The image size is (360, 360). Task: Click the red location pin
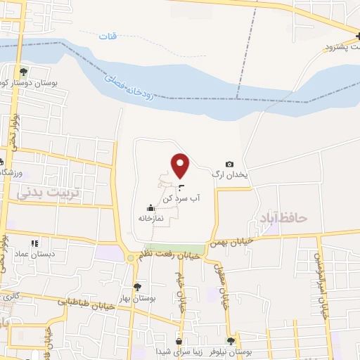click(x=181, y=166)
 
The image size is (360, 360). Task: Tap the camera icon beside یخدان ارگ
click(x=229, y=165)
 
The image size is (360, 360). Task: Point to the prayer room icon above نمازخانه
click(x=149, y=207)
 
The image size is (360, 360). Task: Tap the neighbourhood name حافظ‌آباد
click(x=283, y=217)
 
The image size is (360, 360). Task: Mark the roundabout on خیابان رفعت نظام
click(x=130, y=258)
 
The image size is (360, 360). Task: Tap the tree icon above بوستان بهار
click(x=138, y=287)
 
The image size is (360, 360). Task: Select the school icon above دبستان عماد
click(x=35, y=243)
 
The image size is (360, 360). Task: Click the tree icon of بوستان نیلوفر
click(x=230, y=340)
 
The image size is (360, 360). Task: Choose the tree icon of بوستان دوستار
click(x=23, y=71)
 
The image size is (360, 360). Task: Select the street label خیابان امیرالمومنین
click(x=323, y=285)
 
